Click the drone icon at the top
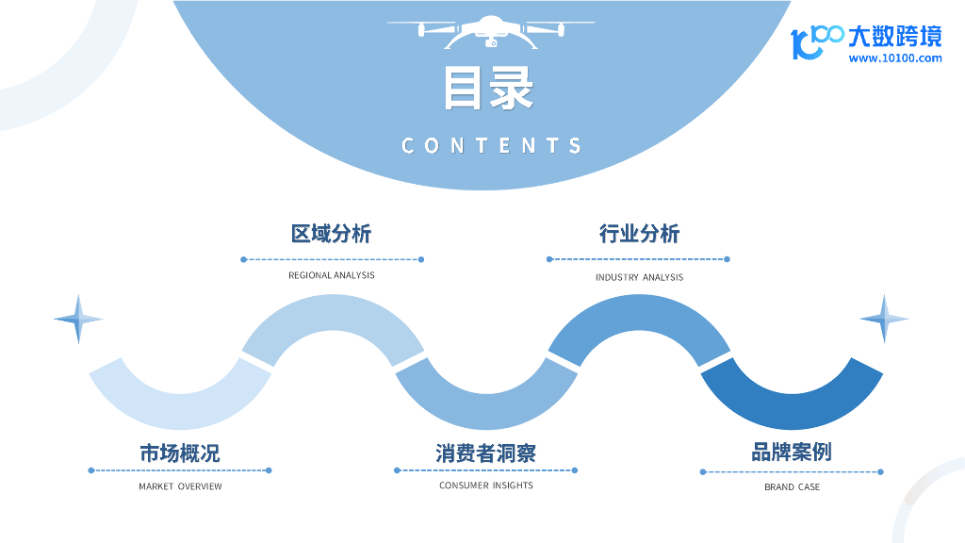point(490,31)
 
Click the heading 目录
point(489,90)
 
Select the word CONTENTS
point(491,146)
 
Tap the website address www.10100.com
point(895,58)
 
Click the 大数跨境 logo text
point(894,37)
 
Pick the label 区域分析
point(331,234)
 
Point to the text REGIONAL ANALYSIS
point(331,275)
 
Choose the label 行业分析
point(639,234)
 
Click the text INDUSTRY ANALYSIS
point(639,277)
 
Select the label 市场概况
point(180,453)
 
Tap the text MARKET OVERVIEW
point(180,486)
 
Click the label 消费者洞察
point(485,453)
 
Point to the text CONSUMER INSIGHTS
point(485,485)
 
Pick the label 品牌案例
point(792,452)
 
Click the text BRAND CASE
point(792,487)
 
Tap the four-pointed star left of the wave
point(78,319)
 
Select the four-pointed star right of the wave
point(885,319)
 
